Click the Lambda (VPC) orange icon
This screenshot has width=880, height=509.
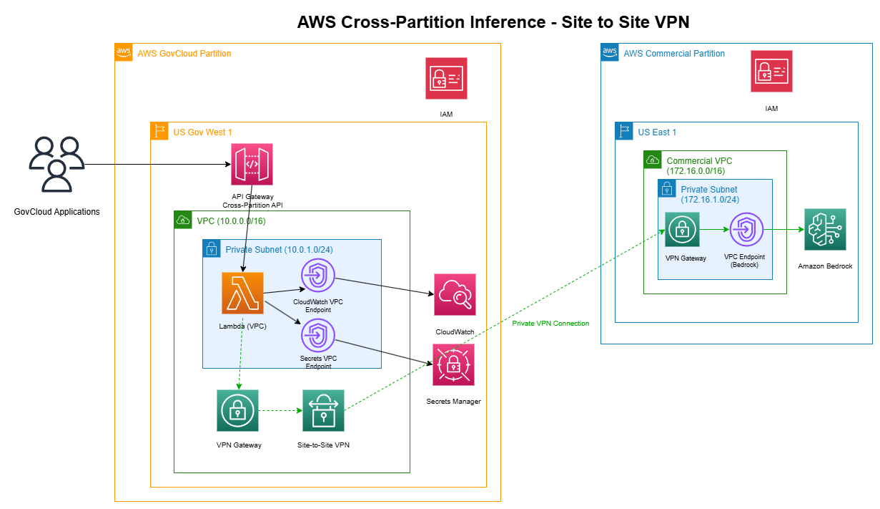(242, 293)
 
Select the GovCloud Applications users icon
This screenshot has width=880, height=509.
(56, 164)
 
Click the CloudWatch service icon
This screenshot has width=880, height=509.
(455, 294)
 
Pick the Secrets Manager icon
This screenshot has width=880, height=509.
(453, 365)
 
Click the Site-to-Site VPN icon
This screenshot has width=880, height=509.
(323, 411)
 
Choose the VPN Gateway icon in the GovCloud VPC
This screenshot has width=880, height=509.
(237, 411)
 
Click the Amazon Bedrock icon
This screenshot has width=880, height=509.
(825, 230)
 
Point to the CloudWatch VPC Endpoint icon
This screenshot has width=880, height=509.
(317, 276)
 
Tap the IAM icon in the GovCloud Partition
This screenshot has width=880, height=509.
(446, 78)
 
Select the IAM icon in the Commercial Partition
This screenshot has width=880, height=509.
(771, 72)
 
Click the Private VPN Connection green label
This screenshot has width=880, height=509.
(550, 324)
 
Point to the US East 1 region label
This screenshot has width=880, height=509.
(657, 132)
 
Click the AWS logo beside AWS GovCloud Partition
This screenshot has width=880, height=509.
(124, 52)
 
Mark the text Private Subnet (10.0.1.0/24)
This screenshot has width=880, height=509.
(279, 250)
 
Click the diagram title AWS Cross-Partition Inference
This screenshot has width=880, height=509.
(493, 22)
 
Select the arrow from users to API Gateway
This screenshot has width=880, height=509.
(157, 165)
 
